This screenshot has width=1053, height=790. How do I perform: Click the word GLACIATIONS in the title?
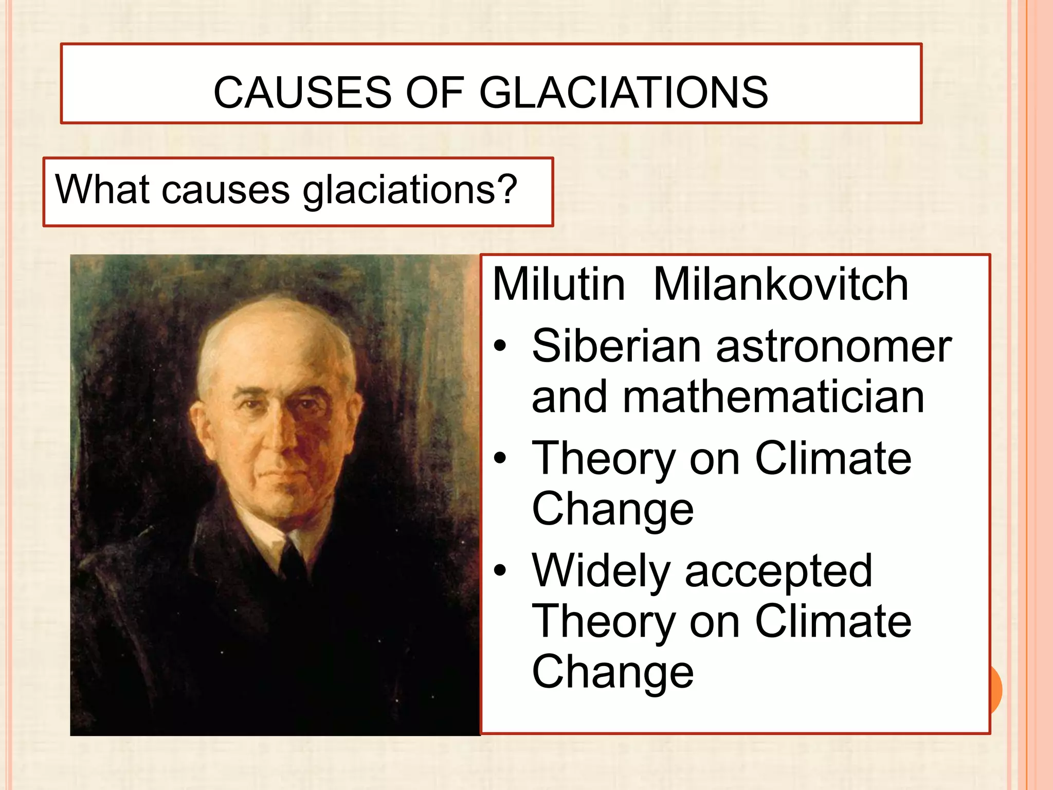[623, 93]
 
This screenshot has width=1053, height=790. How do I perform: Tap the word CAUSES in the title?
[302, 93]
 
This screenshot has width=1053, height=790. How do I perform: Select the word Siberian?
[616, 346]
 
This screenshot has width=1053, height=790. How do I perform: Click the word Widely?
[601, 571]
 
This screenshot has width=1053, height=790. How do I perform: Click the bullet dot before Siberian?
[500, 347]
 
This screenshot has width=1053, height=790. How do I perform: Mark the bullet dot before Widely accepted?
[500, 570]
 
